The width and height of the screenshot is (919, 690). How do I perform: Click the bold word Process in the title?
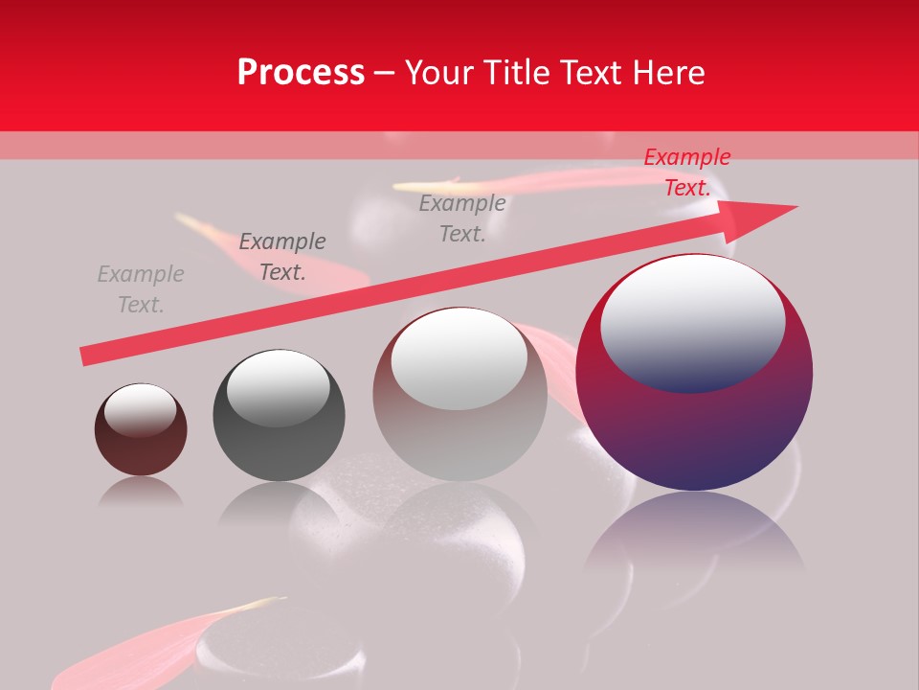pos(301,72)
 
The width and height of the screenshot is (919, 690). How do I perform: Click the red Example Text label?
pos(686,172)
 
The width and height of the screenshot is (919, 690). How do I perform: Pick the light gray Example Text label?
pos(141,289)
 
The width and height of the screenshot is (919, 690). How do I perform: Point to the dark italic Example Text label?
pos(282,257)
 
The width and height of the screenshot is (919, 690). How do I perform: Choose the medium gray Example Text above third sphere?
pos(462,218)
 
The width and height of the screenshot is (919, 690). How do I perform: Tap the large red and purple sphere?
pos(694,431)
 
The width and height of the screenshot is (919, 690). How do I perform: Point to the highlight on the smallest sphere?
pos(140,408)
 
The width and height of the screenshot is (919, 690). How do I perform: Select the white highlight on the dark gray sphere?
pos(278,387)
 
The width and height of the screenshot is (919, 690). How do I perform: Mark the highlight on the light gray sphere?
pos(459,356)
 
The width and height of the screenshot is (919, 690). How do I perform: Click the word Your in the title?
pos(438,72)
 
